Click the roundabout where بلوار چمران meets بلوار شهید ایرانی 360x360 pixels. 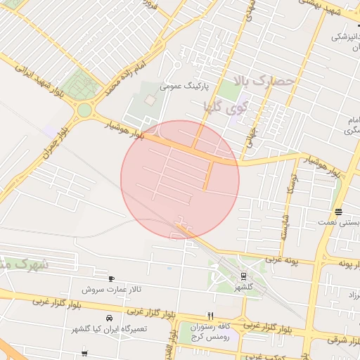[x=84, y=110]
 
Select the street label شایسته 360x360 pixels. [x=285, y=226]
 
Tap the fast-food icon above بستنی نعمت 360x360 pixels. [x=339, y=212]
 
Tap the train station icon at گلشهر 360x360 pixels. [x=243, y=276]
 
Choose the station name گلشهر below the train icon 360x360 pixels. [x=243, y=288]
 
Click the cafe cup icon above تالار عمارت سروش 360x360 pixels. [x=112, y=278]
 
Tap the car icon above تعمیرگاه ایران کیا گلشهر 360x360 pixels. [x=108, y=319]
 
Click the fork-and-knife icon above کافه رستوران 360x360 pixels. [x=210, y=316]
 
